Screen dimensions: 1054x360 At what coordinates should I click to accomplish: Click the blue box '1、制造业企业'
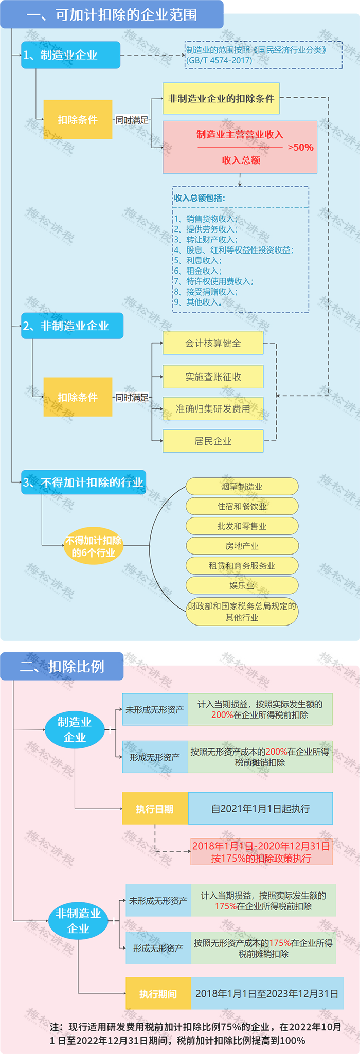(70, 55)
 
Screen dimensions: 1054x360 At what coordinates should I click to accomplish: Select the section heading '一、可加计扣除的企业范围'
(112, 14)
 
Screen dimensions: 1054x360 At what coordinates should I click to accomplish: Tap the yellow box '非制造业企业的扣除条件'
(221, 98)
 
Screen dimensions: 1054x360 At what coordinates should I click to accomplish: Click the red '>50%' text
(300, 148)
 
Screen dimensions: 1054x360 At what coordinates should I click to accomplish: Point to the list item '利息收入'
(203, 260)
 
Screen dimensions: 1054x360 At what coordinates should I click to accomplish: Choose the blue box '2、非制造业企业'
(72, 326)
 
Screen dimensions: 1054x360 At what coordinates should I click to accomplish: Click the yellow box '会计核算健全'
(213, 343)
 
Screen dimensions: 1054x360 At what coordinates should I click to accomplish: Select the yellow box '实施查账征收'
(213, 377)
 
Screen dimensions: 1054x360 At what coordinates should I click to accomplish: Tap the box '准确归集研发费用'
(213, 408)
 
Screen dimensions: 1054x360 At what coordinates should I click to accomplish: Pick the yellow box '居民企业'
(213, 441)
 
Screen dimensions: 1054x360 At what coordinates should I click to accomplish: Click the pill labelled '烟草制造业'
(242, 486)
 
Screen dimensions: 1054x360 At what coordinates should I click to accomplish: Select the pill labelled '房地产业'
(242, 546)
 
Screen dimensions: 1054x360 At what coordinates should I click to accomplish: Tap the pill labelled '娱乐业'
(242, 585)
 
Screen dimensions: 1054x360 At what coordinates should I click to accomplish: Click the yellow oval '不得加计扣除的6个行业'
(93, 546)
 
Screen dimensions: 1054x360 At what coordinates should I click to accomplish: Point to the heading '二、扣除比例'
(62, 666)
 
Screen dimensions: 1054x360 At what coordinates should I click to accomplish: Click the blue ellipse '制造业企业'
(75, 729)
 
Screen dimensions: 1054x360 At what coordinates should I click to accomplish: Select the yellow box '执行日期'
(155, 809)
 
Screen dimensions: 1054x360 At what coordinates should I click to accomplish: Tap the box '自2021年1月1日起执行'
(260, 809)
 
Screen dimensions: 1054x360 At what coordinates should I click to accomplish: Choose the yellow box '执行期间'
(158, 994)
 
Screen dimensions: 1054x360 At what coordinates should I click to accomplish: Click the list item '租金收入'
(203, 271)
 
